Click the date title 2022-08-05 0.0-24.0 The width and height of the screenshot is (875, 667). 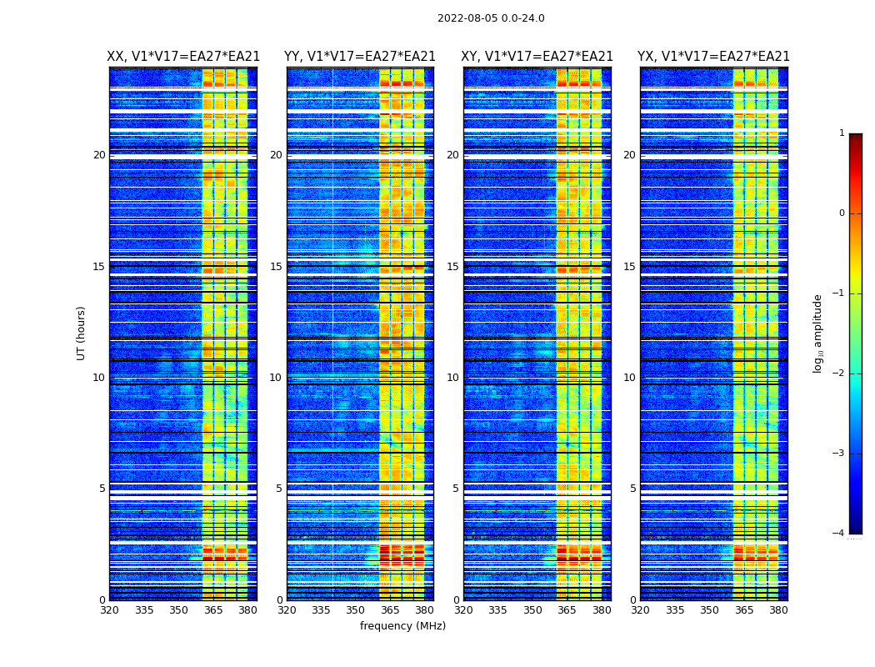tap(491, 18)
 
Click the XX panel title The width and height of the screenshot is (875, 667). tap(183, 57)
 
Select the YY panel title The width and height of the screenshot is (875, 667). tap(360, 57)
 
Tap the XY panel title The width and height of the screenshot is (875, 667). tap(537, 57)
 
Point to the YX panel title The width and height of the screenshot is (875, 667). tap(713, 57)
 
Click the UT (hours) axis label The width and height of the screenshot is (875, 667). tap(82, 333)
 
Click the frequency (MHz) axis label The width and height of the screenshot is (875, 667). tap(402, 626)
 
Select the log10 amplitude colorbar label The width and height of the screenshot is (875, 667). tap(817, 333)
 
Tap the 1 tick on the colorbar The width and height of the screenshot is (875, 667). tap(842, 133)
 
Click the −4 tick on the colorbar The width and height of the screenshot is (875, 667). tap(839, 534)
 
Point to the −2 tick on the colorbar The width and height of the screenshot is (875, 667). tap(839, 374)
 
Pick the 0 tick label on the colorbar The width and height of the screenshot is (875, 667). tap(842, 213)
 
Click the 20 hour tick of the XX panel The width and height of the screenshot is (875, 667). tap(99, 155)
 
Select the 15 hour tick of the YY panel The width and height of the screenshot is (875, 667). tap(276, 267)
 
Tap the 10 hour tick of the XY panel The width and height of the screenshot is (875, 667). tap(452, 378)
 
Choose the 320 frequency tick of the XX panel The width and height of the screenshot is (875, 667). tap(109, 610)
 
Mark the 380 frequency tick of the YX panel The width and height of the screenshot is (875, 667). tap(778, 610)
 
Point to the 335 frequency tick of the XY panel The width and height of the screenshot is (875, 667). tap(497, 610)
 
